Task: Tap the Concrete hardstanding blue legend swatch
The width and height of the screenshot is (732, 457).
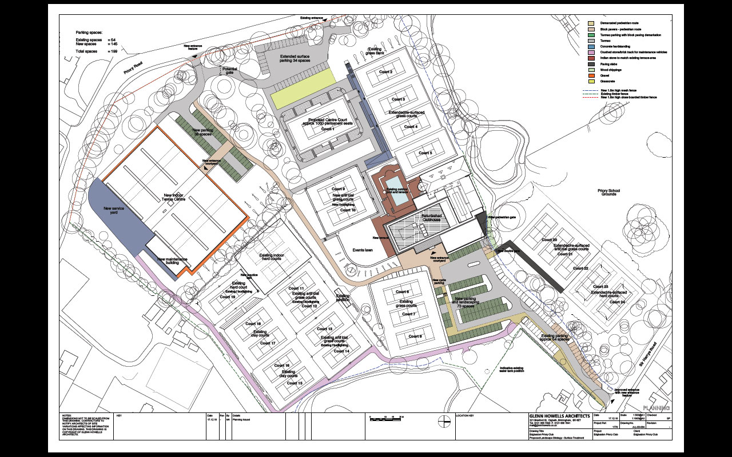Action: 592,46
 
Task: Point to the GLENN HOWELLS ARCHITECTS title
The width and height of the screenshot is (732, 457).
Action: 559,415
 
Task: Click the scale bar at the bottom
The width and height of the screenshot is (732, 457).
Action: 386,419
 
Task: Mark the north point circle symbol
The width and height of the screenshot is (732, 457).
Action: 443,422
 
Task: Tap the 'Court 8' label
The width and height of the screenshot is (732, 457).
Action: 408,336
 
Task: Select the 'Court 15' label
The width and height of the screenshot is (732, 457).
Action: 295,383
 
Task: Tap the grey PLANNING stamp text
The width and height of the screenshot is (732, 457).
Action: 655,408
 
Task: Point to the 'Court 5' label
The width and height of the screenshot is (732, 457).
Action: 425,153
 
